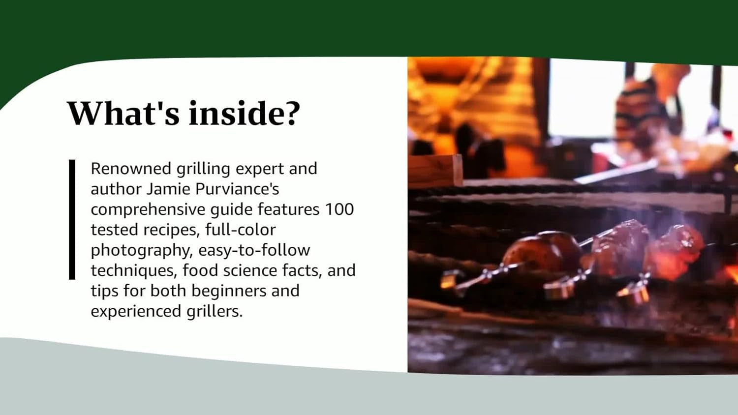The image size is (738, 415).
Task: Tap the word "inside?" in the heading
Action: tap(244, 113)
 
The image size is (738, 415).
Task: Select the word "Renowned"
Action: tap(130, 169)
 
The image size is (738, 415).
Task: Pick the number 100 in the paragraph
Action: tap(339, 209)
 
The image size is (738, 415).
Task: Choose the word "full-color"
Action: tap(240, 230)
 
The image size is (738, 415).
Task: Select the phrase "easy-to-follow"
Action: tap(254, 250)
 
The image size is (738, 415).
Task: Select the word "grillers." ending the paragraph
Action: tap(215, 311)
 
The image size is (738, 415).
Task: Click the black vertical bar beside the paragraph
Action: tap(72, 219)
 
